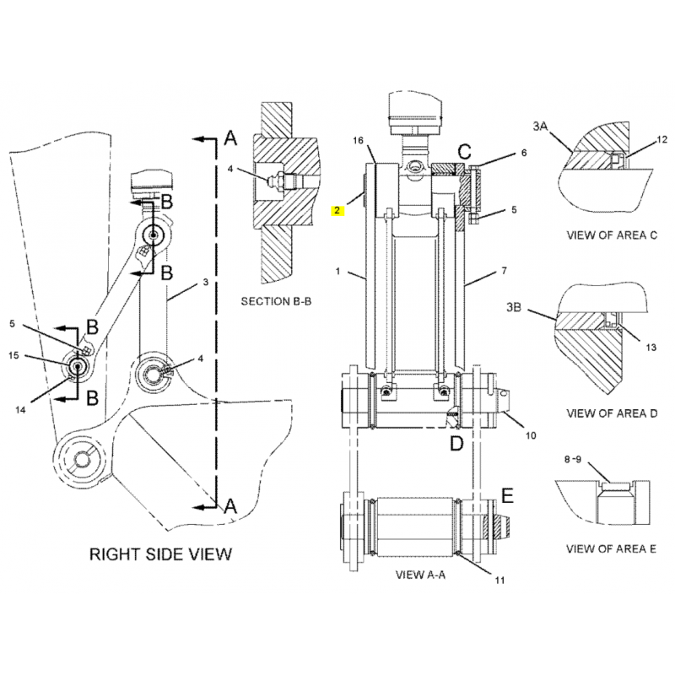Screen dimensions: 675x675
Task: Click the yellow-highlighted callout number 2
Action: coord(337,210)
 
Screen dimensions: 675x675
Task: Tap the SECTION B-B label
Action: coord(276,300)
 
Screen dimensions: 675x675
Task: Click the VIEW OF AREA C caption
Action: coord(611,236)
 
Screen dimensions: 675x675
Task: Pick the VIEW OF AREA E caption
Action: coord(611,549)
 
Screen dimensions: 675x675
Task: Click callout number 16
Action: coord(358,140)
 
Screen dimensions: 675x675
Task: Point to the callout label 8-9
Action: coord(572,461)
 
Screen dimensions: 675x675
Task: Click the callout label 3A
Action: coord(540,126)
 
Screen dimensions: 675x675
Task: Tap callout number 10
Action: coord(531,435)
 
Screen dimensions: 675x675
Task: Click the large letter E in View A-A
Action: coord(508,493)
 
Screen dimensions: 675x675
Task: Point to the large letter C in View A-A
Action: coord(464,152)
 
